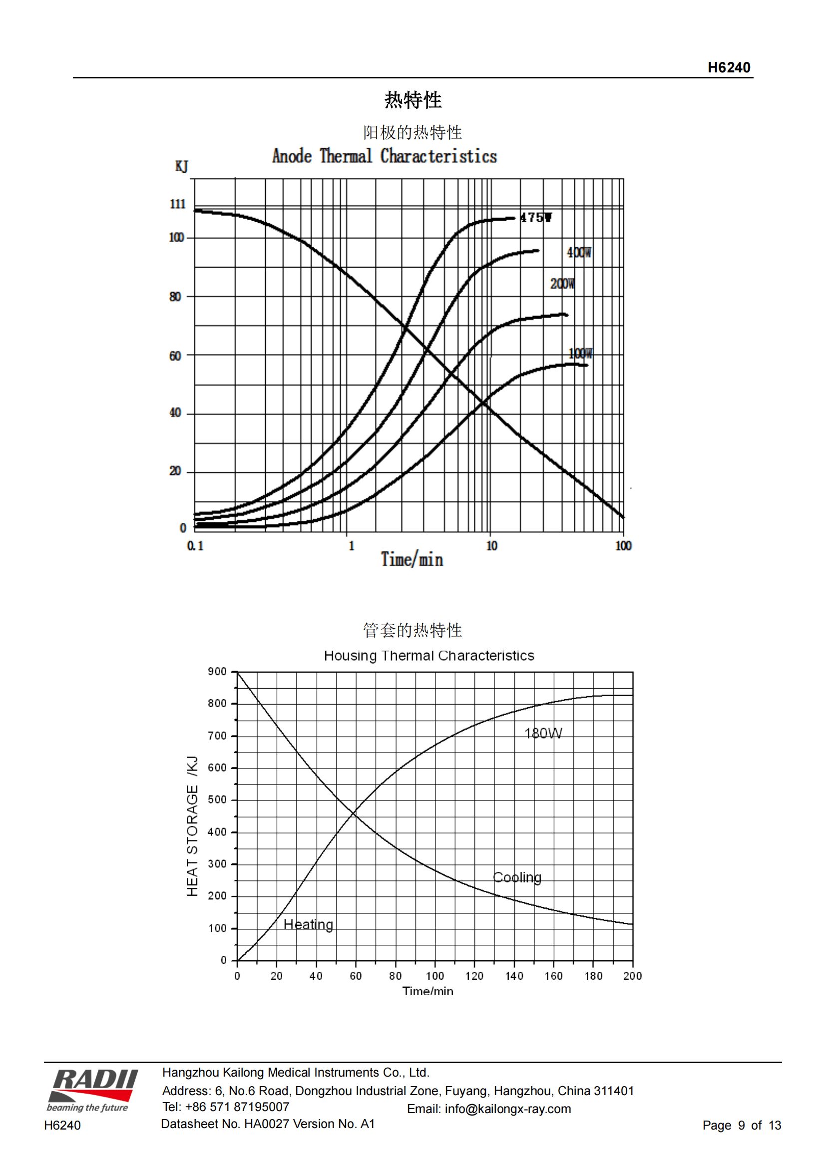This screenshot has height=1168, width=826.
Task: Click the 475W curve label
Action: tap(535, 218)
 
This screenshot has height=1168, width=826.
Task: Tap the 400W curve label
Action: tap(579, 252)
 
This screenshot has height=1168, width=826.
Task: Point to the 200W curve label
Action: tap(562, 283)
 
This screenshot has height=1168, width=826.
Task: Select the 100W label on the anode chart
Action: tap(580, 353)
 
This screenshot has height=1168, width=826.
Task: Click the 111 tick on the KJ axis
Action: tap(177, 204)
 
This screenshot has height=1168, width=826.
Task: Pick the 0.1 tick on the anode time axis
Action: tap(195, 546)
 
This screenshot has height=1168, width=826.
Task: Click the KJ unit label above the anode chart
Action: tap(182, 166)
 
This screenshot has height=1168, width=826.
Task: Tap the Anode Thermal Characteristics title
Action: tap(385, 156)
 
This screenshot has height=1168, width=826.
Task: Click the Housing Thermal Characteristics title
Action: tap(429, 656)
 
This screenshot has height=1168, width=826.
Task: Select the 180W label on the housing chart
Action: tap(543, 733)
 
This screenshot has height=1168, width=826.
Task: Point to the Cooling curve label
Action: tap(517, 877)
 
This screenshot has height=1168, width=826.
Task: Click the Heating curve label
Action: tap(308, 924)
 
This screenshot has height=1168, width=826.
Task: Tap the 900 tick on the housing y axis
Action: tap(217, 672)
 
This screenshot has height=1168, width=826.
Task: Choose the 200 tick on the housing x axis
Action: tap(632, 976)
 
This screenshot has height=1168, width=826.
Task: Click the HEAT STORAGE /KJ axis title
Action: tap(192, 825)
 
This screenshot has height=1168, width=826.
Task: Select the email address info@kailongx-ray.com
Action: tap(507, 1109)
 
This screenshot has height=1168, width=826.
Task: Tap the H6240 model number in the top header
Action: tap(728, 67)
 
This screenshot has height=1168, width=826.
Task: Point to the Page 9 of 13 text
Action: tap(741, 1125)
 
